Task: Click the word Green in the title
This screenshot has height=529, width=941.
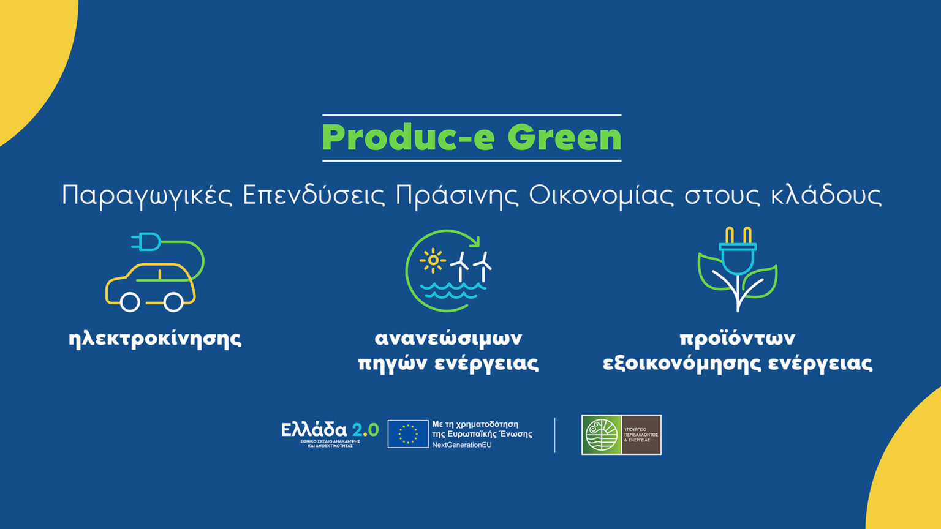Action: pos(564,138)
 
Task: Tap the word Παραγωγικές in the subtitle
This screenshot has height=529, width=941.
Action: pos(147,196)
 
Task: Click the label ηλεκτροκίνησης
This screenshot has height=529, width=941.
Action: pos(155,339)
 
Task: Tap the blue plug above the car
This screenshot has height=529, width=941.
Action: pos(147,242)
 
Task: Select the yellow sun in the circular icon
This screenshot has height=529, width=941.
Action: pos(433,260)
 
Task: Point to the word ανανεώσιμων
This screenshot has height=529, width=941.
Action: pos(448,338)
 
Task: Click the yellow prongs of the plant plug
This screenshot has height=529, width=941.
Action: pos(738,235)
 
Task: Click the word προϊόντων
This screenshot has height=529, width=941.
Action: pos(737,338)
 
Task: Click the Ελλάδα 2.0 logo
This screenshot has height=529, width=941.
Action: pos(330,433)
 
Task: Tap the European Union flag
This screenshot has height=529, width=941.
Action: pos(407,434)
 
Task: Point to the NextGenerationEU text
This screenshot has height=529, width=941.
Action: pos(461,445)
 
